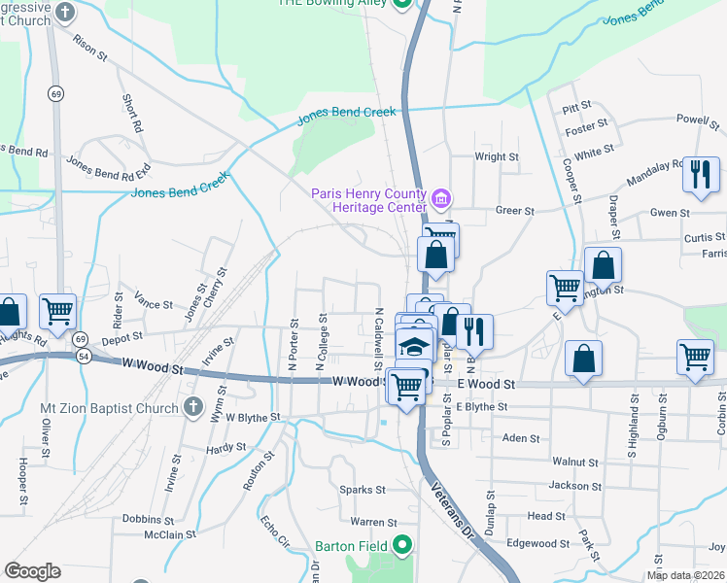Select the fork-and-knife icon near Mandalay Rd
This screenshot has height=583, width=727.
point(700,174)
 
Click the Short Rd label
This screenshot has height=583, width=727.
point(133,113)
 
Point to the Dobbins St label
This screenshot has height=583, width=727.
point(148,519)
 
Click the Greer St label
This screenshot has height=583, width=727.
point(515,210)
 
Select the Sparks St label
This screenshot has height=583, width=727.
point(362,490)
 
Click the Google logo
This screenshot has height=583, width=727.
point(32,571)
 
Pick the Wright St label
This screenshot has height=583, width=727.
point(496,156)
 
